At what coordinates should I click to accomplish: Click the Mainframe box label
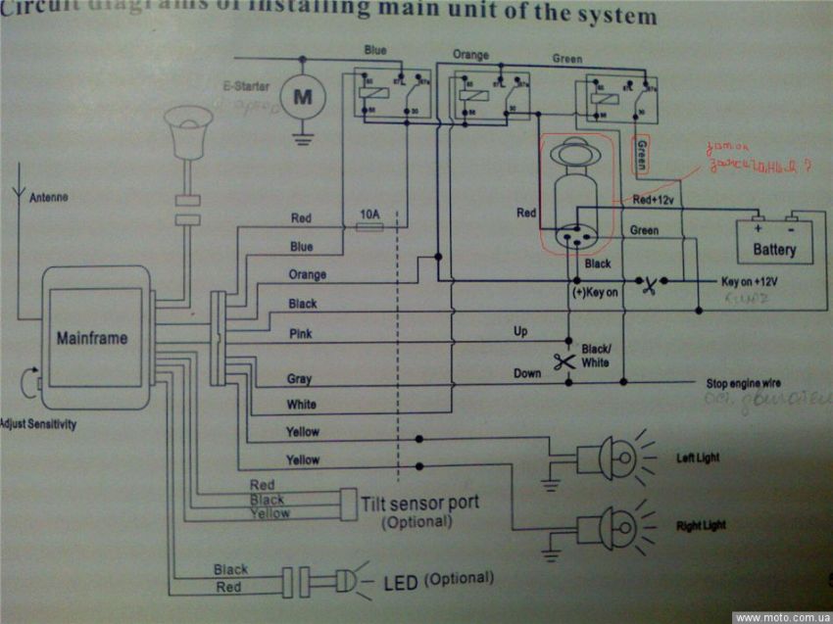pyautogui.click(x=91, y=339)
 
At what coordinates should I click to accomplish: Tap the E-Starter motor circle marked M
pyautogui.click(x=302, y=97)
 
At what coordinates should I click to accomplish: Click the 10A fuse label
pyautogui.click(x=369, y=215)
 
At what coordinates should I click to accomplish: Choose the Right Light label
pyautogui.click(x=702, y=526)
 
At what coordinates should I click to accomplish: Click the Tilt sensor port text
pyautogui.click(x=420, y=503)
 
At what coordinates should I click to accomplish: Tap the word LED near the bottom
pyautogui.click(x=401, y=584)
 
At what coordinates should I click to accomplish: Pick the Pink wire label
pyautogui.click(x=301, y=334)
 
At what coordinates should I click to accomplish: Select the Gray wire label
pyautogui.click(x=299, y=379)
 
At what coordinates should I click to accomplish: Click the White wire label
pyautogui.click(x=301, y=405)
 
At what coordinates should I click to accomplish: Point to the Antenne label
pyautogui.click(x=49, y=198)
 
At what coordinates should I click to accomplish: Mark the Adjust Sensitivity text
pyautogui.click(x=38, y=425)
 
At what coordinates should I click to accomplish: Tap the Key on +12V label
pyautogui.click(x=750, y=281)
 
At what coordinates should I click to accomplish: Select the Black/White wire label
pyautogui.click(x=595, y=356)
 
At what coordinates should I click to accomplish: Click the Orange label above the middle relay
pyautogui.click(x=470, y=55)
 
